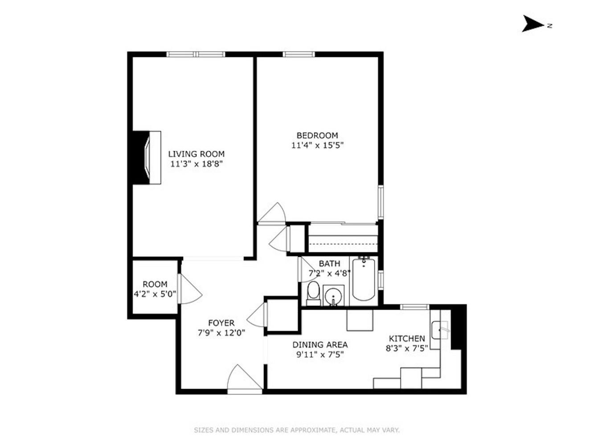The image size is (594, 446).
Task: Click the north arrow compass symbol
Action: (533, 24)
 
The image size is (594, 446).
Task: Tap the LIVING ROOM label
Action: (196, 154)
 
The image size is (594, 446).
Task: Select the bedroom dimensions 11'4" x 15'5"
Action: (317, 145)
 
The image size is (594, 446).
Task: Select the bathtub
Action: (364, 280)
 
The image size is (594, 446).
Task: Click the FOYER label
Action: (221, 323)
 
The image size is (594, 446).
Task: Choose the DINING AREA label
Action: (320, 345)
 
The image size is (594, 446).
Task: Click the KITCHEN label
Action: (407, 339)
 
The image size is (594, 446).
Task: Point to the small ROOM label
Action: (155, 284)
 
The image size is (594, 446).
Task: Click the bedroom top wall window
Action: (299, 54)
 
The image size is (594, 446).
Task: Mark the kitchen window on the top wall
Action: (414, 307)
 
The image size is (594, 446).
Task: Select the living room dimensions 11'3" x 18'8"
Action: (196, 164)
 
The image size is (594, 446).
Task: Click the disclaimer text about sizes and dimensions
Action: (297, 430)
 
